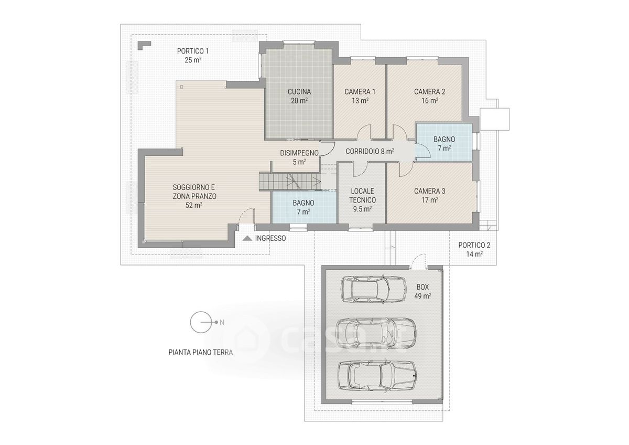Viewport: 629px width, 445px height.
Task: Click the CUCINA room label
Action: click(299, 92)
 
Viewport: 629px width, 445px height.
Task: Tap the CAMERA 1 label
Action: click(360, 92)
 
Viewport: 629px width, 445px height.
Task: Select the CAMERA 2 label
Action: click(430, 92)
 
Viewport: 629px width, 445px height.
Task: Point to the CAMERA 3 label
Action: click(430, 191)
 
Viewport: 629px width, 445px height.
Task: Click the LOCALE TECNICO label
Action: click(363, 196)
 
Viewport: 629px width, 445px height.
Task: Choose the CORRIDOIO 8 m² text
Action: click(370, 152)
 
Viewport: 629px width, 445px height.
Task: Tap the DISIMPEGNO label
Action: click(299, 153)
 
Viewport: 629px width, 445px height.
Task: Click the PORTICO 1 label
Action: click(193, 51)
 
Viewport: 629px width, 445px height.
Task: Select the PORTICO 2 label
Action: click(474, 245)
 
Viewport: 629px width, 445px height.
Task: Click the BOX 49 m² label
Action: click(422, 291)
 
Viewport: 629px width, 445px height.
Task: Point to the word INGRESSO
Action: click(270, 238)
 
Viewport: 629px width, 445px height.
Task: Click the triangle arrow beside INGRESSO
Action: click(247, 238)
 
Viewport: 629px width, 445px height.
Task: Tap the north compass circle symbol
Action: click(201, 322)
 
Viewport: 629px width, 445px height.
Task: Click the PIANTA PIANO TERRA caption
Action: click(200, 352)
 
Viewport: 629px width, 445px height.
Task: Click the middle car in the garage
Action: click(376, 335)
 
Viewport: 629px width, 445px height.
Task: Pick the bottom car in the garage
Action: click(377, 376)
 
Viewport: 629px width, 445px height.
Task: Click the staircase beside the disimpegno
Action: click(290, 182)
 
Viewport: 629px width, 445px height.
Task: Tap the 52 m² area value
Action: click(194, 206)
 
